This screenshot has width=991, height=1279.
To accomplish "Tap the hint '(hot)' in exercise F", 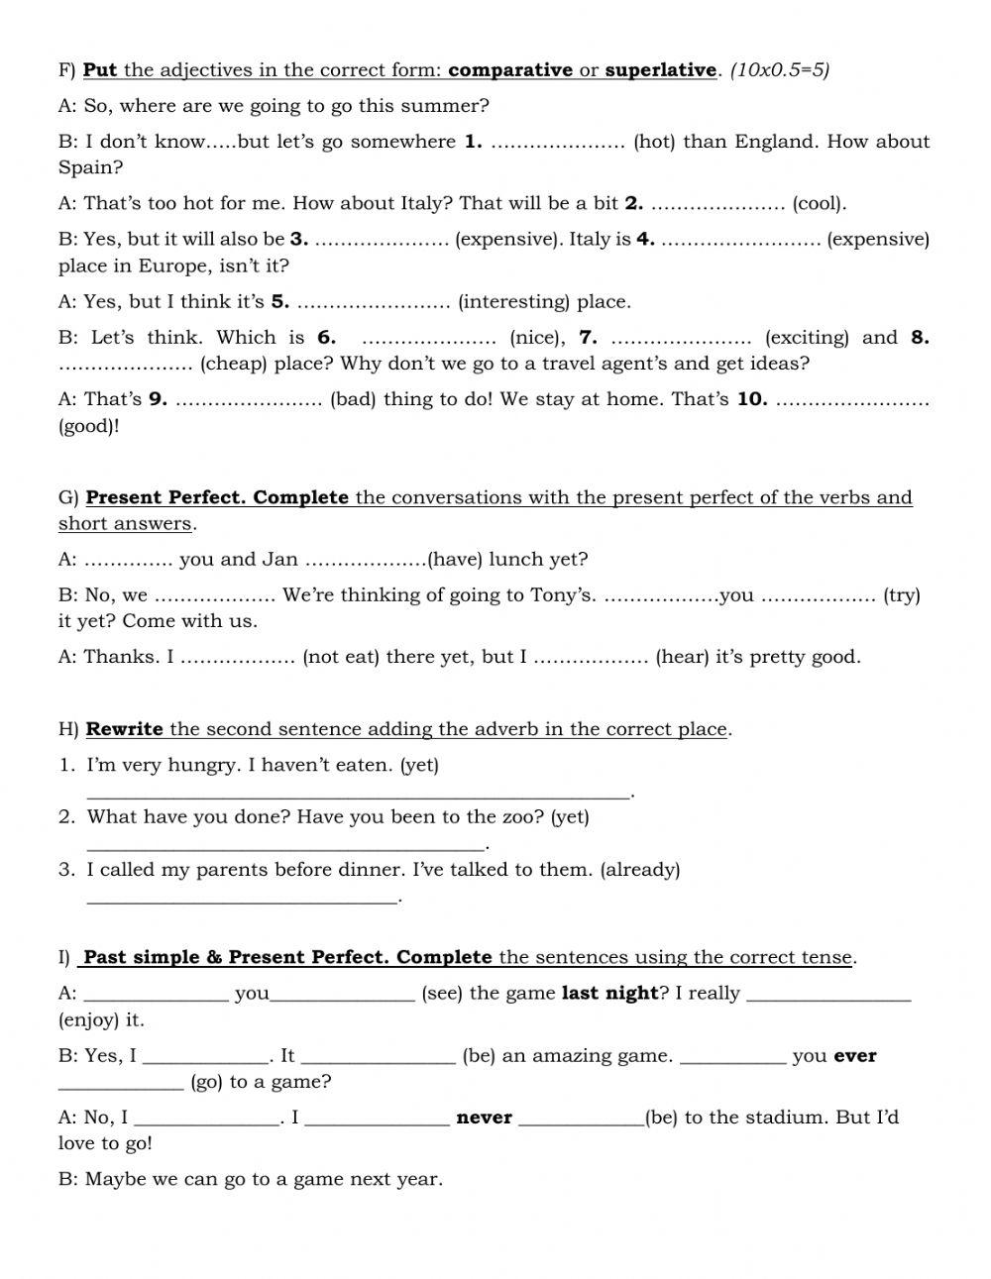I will click(654, 142).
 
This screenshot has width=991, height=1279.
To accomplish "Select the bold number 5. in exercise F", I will click(280, 302).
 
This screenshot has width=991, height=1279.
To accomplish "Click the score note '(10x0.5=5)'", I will click(780, 70).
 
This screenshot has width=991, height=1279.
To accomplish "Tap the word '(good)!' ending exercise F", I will click(89, 427).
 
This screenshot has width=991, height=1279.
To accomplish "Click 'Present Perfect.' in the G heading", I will click(166, 497).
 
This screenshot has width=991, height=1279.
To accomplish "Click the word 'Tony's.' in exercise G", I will click(563, 595).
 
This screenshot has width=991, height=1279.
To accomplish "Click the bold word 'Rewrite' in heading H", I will click(124, 730).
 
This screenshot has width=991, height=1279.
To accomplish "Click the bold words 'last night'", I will click(609, 994).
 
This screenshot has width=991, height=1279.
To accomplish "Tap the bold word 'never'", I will click(484, 1119).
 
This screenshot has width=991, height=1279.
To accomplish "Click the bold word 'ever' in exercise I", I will click(855, 1056).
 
